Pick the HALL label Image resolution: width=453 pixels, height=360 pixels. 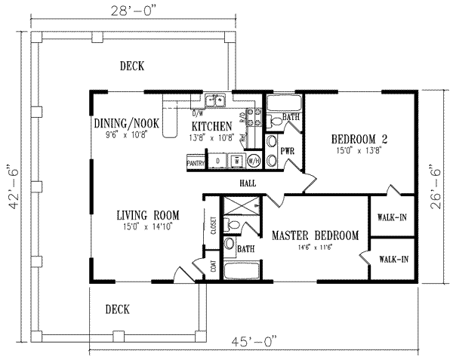tap(246, 182)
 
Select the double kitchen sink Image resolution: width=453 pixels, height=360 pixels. tap(216, 100)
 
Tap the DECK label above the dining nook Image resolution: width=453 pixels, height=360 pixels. tap(131, 66)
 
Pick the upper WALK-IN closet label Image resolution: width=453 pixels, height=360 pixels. tap(392, 219)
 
